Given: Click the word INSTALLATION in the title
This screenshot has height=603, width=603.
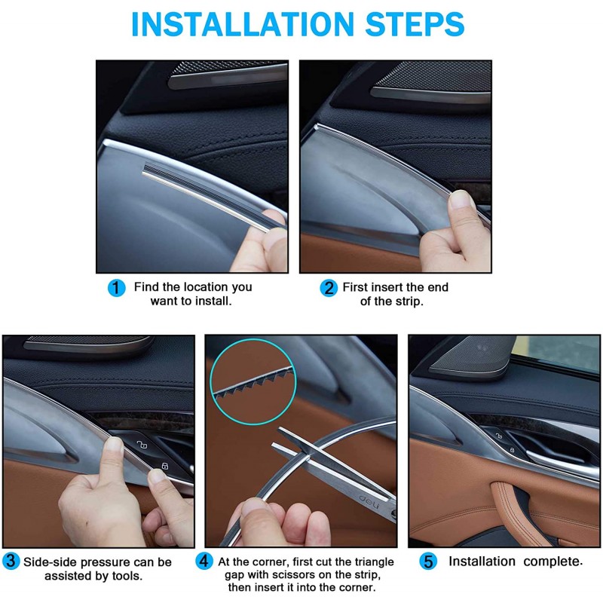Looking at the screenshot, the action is click(x=242, y=24).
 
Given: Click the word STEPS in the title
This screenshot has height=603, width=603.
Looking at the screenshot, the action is click(x=415, y=24).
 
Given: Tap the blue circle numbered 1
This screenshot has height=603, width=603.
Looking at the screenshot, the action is click(x=117, y=288).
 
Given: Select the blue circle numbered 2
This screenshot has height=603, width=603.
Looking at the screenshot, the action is click(x=329, y=288).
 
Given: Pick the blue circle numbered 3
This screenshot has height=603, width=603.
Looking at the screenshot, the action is click(x=11, y=561).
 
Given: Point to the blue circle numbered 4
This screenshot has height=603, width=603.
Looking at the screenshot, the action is click(x=204, y=561).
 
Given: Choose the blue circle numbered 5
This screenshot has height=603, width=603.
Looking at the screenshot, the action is click(x=428, y=562).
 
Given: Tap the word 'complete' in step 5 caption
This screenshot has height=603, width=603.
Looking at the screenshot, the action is click(x=552, y=562).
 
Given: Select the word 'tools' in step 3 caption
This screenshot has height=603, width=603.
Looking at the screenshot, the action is click(x=127, y=576).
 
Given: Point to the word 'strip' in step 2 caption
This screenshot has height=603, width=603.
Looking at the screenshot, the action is click(x=409, y=302).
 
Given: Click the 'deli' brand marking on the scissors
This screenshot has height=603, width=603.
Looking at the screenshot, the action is click(x=369, y=500).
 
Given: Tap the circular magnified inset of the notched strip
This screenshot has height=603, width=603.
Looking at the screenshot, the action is click(x=253, y=382).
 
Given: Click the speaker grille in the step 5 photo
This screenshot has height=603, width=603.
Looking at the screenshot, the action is click(x=474, y=356).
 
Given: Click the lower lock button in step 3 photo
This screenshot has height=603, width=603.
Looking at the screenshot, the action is click(x=165, y=466).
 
